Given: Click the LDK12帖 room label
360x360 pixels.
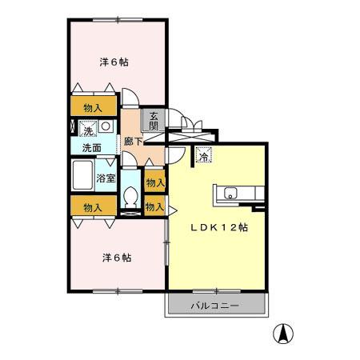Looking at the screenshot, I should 218,226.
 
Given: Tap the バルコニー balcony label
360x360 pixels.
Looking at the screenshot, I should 214,306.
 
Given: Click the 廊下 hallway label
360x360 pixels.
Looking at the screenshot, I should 133,142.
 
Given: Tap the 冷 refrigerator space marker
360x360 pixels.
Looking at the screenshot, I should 204,157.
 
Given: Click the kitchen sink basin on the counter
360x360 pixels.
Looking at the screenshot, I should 230,192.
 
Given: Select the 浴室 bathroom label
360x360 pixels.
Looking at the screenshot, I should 106,178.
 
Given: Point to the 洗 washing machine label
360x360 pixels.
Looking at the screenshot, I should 86,126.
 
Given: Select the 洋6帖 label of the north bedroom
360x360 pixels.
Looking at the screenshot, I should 114,62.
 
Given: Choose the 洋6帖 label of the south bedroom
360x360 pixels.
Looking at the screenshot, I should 116,258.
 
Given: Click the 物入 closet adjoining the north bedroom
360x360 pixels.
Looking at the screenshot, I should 94,107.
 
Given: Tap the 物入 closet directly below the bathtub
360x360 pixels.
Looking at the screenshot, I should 94,207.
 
